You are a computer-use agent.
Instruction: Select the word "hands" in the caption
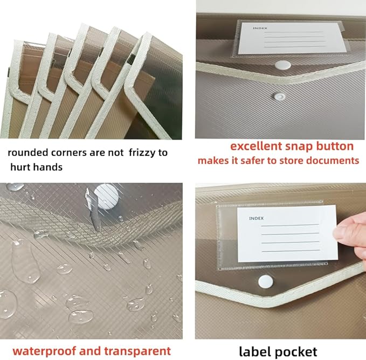pyautogui.click(x=47, y=167)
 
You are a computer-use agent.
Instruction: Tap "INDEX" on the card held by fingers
pyautogui.click(x=257, y=218)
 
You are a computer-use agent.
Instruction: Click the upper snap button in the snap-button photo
pyautogui.click(x=283, y=65)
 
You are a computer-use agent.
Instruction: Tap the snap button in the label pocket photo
pyautogui.click(x=265, y=281)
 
